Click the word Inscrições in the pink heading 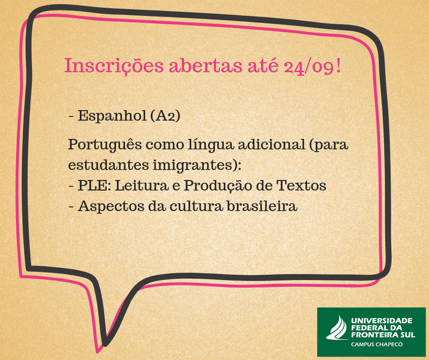point(114,66)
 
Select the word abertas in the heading point(206,65)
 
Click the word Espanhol point(112,116)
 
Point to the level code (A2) point(165,116)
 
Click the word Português point(105,145)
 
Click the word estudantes point(108,165)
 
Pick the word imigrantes point(194,165)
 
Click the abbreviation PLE point(92,185)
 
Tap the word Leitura point(141,185)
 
